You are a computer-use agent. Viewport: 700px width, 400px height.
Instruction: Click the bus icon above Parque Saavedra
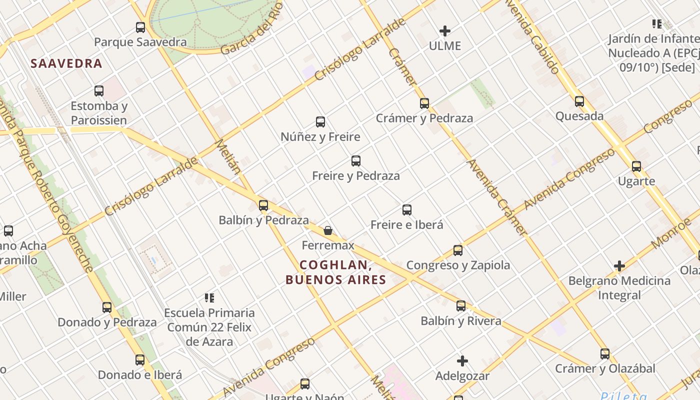[140, 27]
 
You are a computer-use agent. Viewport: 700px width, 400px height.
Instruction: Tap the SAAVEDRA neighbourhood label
[66, 63]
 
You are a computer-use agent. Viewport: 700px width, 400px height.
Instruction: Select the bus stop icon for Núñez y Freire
[320, 121]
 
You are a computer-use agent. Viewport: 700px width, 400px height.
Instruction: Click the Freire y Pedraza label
[356, 176]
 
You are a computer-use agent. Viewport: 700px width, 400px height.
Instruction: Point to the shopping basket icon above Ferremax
[328, 230]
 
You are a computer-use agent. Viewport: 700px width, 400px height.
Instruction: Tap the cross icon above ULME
[444, 31]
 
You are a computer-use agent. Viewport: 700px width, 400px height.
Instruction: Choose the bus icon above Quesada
[579, 101]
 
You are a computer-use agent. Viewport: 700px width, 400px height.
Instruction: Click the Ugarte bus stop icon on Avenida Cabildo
[636, 166]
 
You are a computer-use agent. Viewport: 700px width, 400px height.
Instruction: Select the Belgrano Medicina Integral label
[619, 288]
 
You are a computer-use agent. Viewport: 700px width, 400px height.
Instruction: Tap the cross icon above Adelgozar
[462, 360]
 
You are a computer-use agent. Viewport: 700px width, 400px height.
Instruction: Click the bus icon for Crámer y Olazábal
[605, 354]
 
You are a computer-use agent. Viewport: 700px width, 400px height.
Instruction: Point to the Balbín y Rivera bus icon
[461, 306]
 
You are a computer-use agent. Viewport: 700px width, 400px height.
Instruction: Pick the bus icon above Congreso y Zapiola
[458, 250]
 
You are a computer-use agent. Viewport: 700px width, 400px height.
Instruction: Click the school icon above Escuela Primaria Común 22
[209, 298]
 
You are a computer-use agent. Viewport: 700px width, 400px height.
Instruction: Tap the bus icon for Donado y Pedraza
[107, 307]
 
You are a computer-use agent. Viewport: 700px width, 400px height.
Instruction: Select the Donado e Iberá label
[140, 375]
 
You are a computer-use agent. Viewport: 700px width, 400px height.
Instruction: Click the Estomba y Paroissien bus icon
[99, 91]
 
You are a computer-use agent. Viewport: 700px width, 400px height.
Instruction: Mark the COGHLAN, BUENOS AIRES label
[336, 272]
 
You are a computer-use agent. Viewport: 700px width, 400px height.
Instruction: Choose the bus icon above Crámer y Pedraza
[424, 103]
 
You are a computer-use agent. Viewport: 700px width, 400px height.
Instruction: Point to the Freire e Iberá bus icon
[407, 210]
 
